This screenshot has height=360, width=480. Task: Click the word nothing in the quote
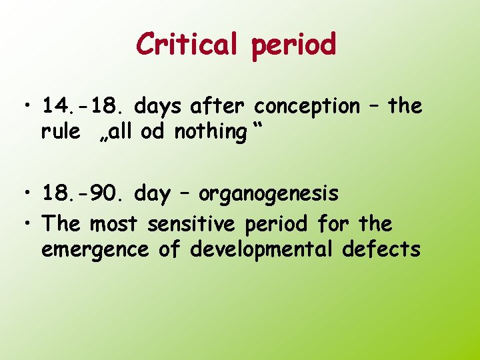point(210,133)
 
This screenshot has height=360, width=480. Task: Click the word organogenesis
point(269,195)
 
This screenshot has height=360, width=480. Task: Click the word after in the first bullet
point(219,105)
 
